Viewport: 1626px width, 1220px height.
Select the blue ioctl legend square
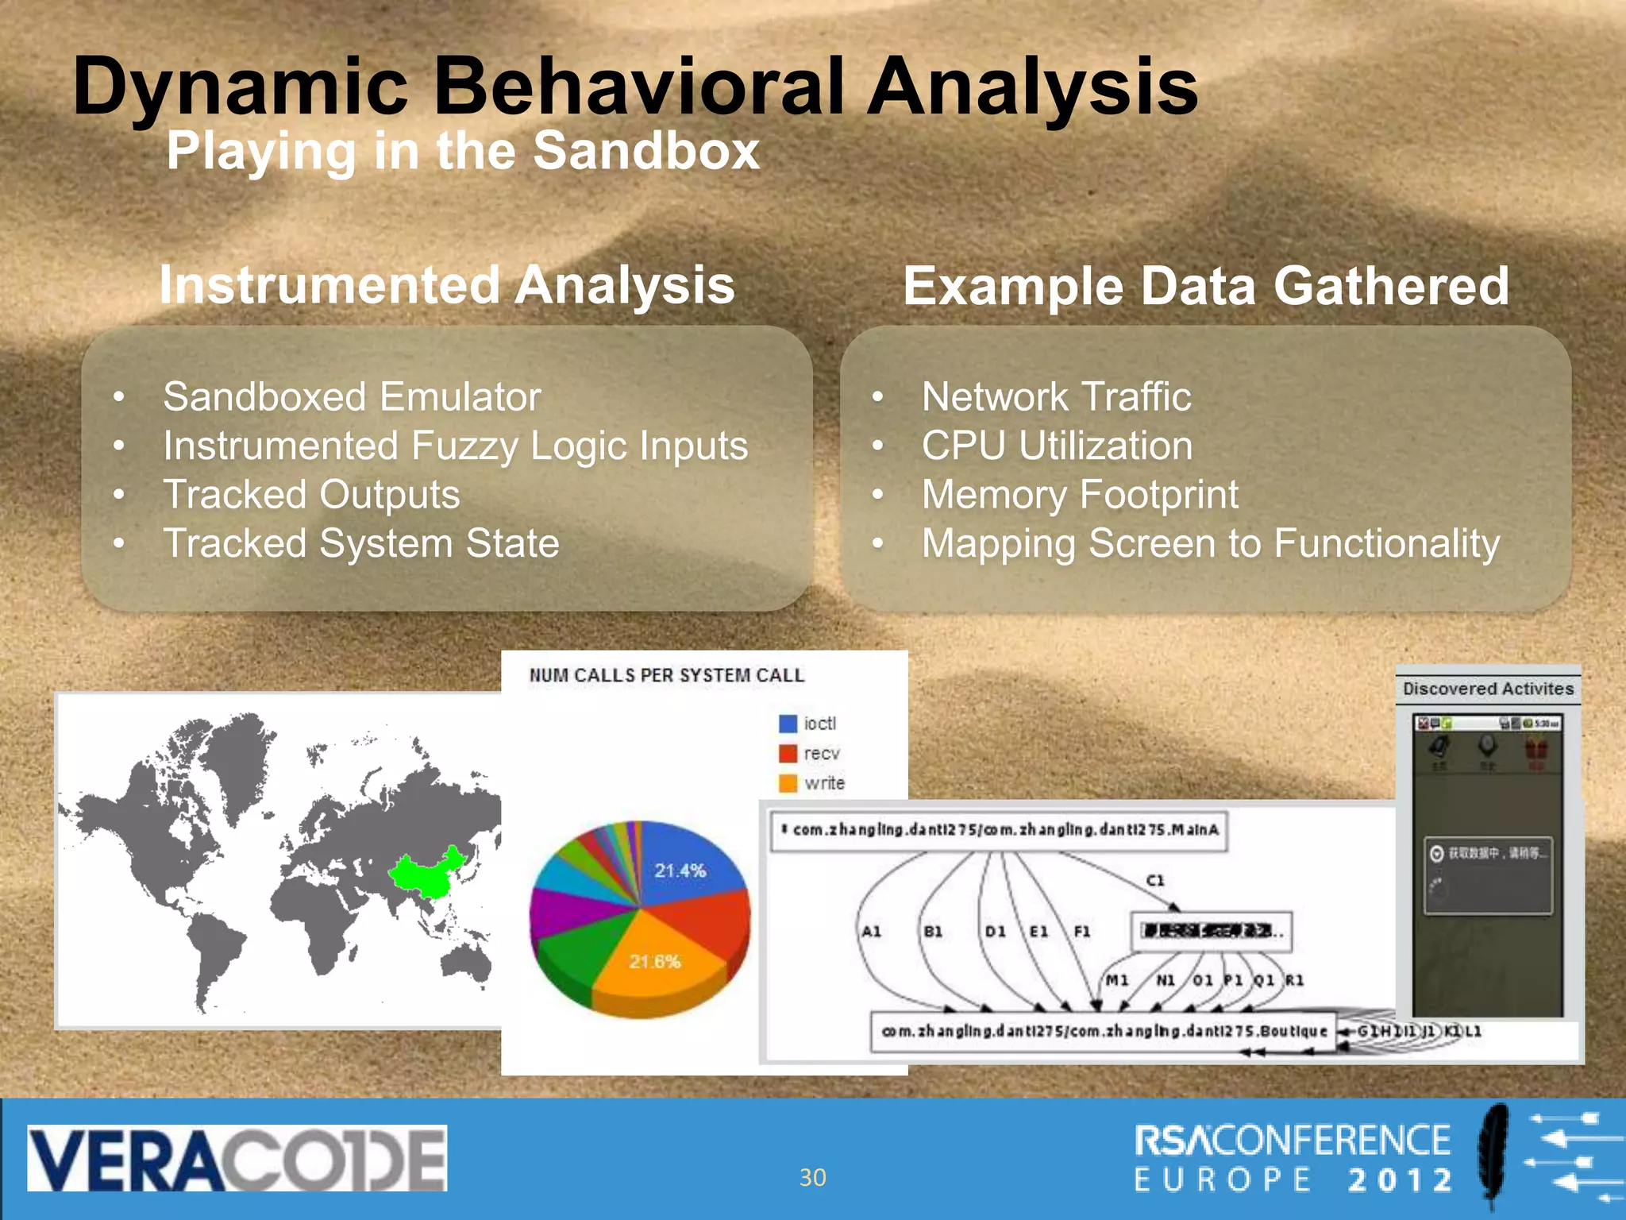[x=788, y=724]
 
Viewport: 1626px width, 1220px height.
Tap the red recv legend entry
[x=810, y=753]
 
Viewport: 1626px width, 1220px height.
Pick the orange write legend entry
[x=811, y=783]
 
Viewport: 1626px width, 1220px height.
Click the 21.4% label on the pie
[x=680, y=871]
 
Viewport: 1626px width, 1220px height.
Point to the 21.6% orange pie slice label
[x=655, y=962]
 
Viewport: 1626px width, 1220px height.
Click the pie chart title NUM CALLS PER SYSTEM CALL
[x=666, y=675]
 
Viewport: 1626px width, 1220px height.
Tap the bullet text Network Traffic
[x=1056, y=396]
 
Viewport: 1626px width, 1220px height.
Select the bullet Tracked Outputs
[x=311, y=494]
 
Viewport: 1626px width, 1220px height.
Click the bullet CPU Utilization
[x=1057, y=446]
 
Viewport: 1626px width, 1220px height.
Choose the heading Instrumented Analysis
[x=447, y=284]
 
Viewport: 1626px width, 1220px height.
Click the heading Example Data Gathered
[x=1205, y=286]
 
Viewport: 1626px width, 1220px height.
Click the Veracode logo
[x=237, y=1158]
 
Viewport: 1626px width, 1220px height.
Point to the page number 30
[x=812, y=1177]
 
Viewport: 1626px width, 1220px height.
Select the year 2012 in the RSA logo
[x=1401, y=1180]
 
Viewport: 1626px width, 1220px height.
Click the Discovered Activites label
[x=1488, y=689]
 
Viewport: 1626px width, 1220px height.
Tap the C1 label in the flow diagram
[x=1155, y=880]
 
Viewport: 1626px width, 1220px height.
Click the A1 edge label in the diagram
[x=872, y=931]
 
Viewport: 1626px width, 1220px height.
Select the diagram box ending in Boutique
[x=1104, y=1031]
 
